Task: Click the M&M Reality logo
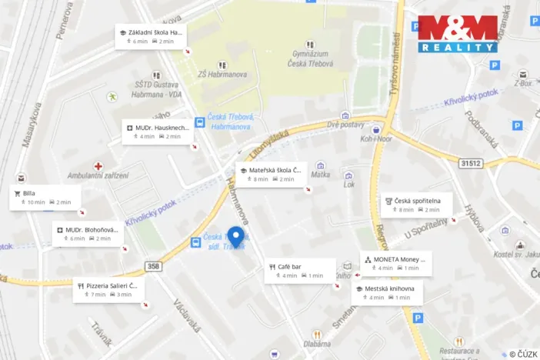tap(458, 35)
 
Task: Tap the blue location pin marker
tap(236, 237)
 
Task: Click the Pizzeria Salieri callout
tap(108, 289)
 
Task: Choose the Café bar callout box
tap(300, 271)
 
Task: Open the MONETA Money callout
tap(396, 263)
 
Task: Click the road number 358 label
tap(152, 267)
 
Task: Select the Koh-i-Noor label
tap(375, 139)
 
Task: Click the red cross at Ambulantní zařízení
tap(98, 166)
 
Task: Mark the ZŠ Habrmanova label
tap(222, 75)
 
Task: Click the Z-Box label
tap(523, 82)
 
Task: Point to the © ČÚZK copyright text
tap(523, 354)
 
